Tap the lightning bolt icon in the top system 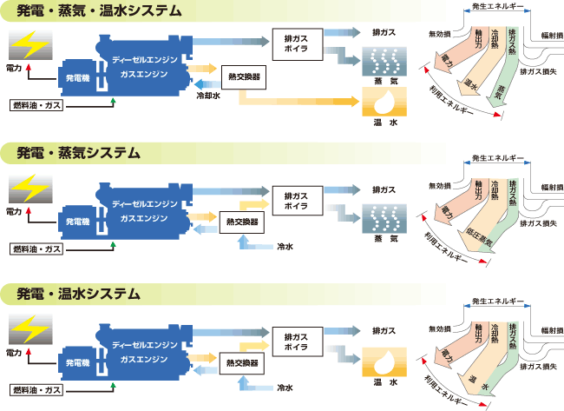[29, 44]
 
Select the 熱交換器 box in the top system [242, 76]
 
